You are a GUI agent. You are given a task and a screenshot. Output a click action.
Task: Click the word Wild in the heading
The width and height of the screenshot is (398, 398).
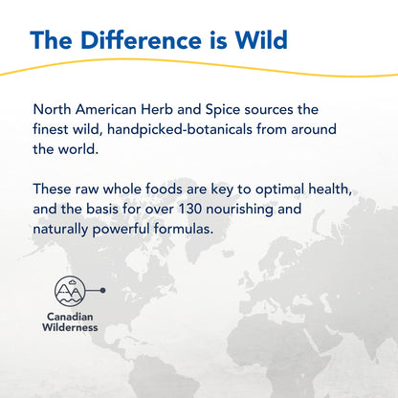(x=261, y=40)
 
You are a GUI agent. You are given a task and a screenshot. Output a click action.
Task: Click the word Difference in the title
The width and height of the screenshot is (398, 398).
(x=141, y=40)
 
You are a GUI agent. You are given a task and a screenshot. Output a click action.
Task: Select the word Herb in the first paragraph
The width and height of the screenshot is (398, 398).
(x=157, y=110)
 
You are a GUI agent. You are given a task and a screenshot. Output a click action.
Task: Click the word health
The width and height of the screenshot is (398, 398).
(x=330, y=189)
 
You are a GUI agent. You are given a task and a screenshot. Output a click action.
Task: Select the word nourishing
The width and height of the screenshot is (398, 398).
(x=239, y=210)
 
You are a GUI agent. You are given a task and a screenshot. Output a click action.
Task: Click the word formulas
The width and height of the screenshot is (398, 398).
(x=184, y=229)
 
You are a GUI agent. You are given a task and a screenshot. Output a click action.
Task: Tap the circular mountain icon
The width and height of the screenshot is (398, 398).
(x=70, y=291)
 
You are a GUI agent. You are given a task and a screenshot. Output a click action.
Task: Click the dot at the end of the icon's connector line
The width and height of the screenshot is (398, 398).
(x=102, y=290)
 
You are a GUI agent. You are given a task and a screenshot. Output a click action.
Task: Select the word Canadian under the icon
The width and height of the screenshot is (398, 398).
(x=70, y=317)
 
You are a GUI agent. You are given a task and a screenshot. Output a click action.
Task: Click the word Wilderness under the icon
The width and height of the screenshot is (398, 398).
(x=70, y=327)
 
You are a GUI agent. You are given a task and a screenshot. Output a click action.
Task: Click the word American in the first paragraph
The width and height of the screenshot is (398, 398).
(x=106, y=110)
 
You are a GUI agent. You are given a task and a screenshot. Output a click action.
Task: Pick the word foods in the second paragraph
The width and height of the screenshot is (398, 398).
(x=165, y=189)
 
